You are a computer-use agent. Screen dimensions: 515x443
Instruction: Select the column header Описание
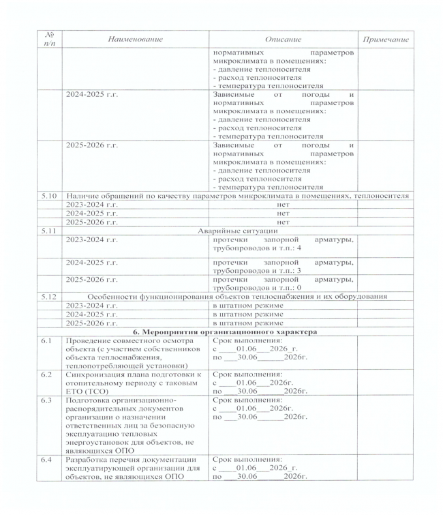[284, 40]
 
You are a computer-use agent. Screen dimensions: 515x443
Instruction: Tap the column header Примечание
[386, 40]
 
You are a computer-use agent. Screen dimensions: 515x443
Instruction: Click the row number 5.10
[48, 196]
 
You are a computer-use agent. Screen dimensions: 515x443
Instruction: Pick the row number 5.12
[48, 296]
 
